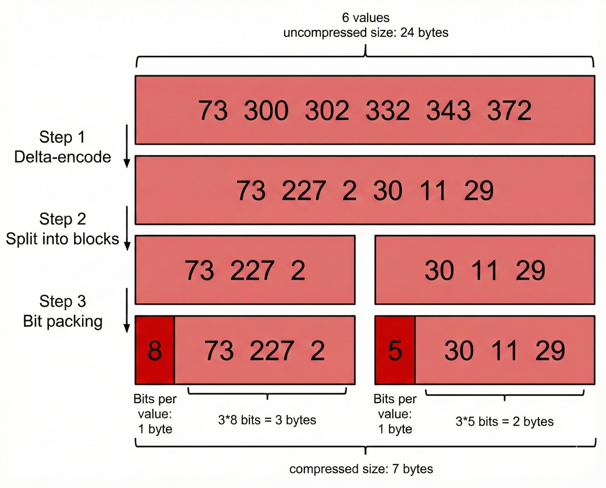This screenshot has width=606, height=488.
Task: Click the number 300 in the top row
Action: click(x=266, y=110)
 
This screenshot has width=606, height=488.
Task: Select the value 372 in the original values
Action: click(x=509, y=110)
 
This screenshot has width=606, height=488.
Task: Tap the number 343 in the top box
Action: click(x=448, y=110)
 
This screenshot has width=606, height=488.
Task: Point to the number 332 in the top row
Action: click(x=387, y=110)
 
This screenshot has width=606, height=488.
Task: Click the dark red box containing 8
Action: click(x=155, y=350)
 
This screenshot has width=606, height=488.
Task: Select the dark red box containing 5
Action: click(x=395, y=350)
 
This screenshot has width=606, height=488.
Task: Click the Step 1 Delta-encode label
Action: click(x=62, y=147)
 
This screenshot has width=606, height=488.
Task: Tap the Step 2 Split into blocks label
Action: click(x=62, y=229)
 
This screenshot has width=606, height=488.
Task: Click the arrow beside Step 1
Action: click(x=127, y=146)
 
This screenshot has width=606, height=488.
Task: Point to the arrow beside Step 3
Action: click(x=127, y=310)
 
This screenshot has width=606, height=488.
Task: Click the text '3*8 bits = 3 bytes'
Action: click(x=267, y=420)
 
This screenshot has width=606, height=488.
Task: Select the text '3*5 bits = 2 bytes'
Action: click(x=504, y=422)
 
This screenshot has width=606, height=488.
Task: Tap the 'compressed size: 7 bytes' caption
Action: click(x=361, y=469)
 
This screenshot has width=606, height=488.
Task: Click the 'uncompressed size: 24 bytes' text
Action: click(x=366, y=33)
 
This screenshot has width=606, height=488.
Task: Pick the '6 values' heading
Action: click(x=366, y=18)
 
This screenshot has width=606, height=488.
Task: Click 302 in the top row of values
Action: click(x=327, y=110)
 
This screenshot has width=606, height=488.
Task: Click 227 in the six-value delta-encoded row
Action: click(x=304, y=191)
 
